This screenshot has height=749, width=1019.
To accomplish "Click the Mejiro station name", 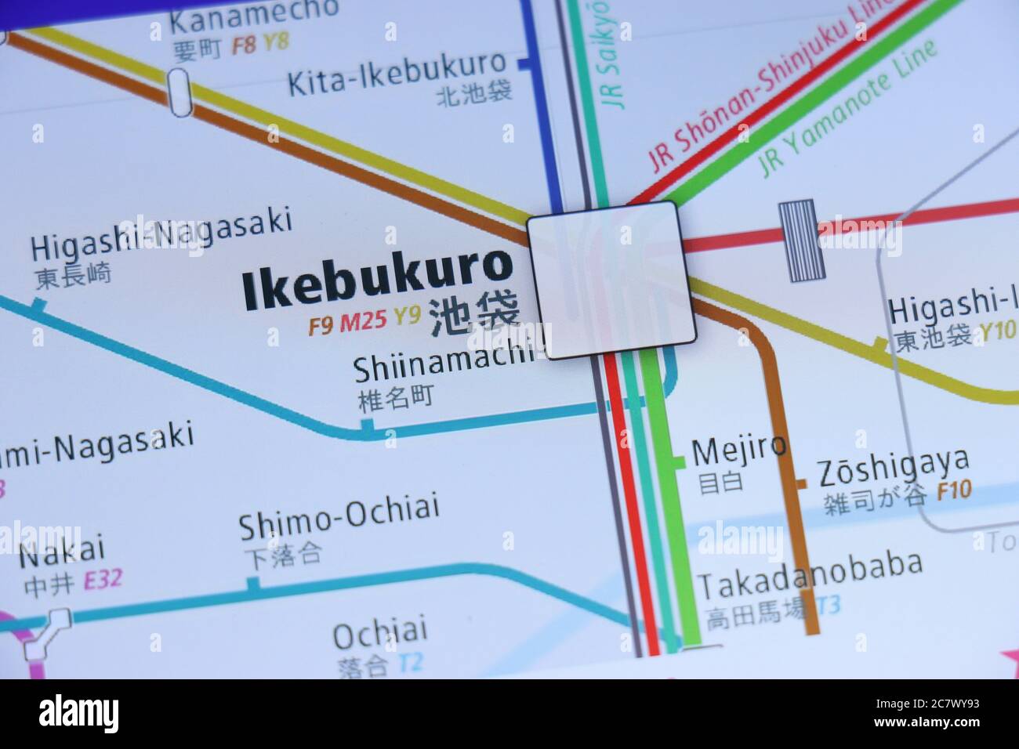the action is tap(738, 448).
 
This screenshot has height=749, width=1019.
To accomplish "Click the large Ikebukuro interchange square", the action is tap(611, 279).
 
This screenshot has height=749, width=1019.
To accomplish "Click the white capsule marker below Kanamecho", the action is tap(180, 92).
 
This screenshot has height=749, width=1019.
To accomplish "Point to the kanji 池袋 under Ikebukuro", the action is tap(475, 317).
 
